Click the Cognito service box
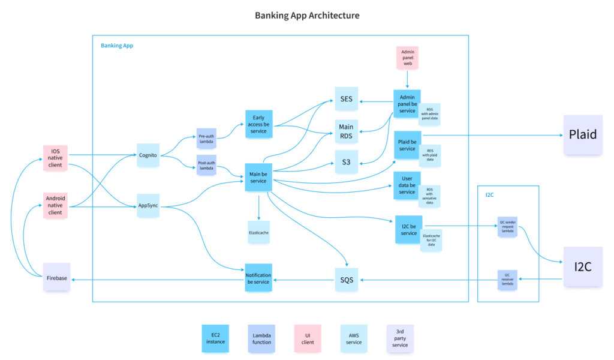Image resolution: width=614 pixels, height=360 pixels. click(148, 155)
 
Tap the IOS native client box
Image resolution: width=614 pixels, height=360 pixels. click(55, 157)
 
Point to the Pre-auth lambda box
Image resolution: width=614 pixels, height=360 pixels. click(206, 139)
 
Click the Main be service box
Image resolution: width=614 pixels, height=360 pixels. click(258, 178)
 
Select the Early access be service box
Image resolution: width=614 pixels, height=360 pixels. click(258, 124)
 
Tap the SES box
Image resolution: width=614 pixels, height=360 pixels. click(346, 99)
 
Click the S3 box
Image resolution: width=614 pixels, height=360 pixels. click(346, 162)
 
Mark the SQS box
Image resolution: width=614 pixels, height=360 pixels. click(346, 280)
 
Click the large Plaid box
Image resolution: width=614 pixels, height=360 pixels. click(582, 134)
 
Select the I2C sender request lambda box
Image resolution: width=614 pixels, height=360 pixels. click(507, 226)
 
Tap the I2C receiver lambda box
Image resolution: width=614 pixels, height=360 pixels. click(507, 280)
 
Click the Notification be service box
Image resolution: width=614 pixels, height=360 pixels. click(258, 278)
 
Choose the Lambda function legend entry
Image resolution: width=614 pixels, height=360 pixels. click(261, 338)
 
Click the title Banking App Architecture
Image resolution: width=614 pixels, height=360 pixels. click(307, 15)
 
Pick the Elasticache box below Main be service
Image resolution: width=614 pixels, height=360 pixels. click(258, 231)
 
